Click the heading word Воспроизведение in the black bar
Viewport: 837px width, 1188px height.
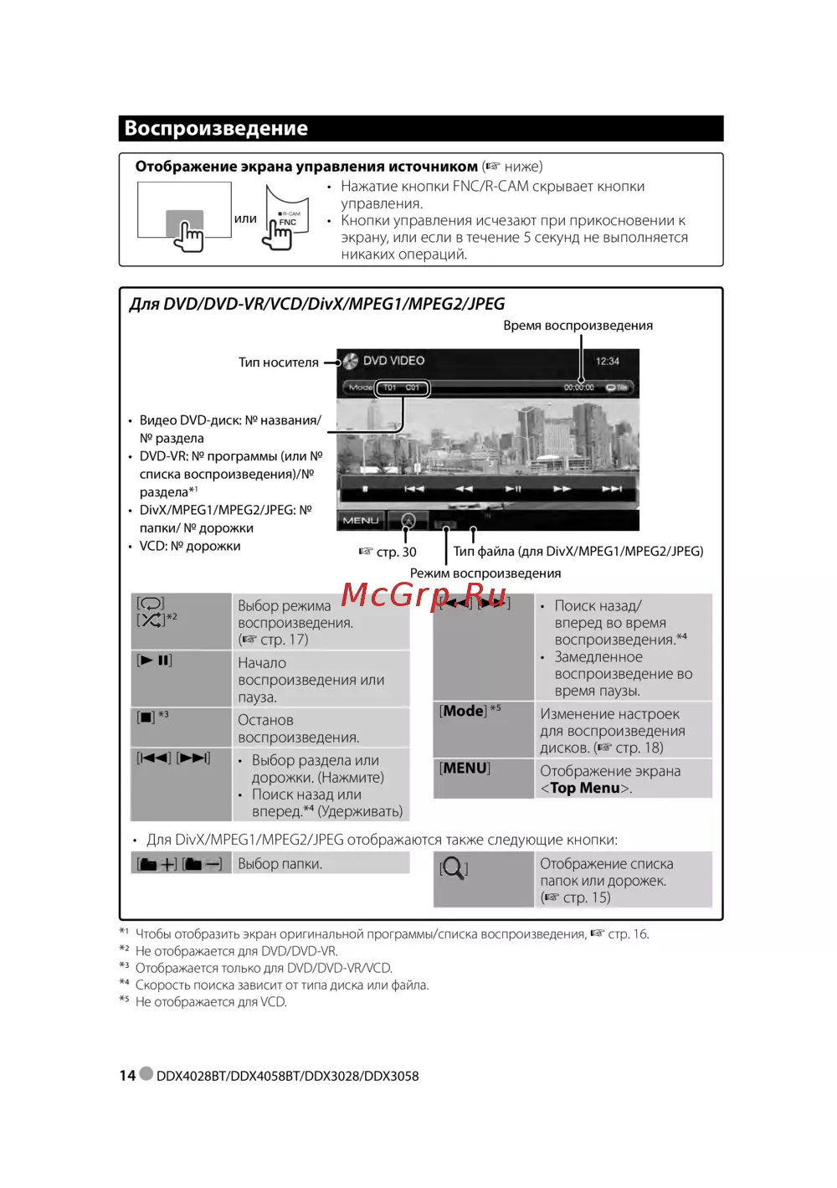coord(216,128)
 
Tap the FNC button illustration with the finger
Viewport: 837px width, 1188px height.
coord(286,222)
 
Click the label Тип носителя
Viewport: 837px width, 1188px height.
coord(278,363)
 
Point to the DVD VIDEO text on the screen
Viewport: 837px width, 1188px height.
coord(393,361)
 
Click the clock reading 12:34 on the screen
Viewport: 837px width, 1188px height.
coord(607,362)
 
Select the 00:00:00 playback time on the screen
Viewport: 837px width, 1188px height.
coord(578,388)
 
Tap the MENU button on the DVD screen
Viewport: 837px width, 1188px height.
coord(361,521)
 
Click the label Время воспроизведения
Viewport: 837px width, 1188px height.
coord(578,326)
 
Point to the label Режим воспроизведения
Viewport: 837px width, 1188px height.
coord(485,573)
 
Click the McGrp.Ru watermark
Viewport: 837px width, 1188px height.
coord(424,595)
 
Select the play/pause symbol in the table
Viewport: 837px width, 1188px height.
coord(155,661)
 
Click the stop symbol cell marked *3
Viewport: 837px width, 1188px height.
coord(147,717)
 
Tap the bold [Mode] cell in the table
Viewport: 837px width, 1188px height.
coord(464,711)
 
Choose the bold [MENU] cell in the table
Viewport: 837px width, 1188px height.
coord(465,768)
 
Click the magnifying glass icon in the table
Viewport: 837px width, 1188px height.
coord(453,867)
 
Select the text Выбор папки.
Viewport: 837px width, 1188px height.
coord(280,864)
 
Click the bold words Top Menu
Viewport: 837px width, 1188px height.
coord(584,788)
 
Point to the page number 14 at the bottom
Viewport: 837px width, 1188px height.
coord(127,1075)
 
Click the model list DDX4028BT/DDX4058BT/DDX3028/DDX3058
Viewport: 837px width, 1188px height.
coord(287,1076)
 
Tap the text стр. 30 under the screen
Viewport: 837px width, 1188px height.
coord(396,552)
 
